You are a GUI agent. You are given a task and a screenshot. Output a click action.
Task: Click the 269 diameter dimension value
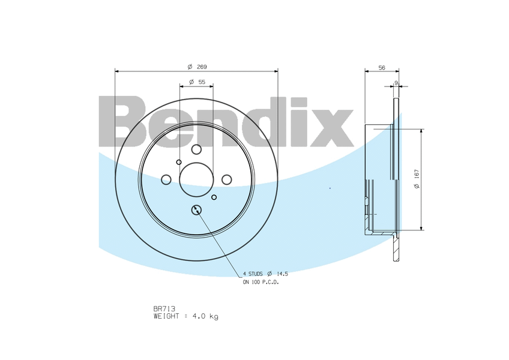tap(202, 67)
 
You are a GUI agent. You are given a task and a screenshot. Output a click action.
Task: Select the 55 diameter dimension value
tap(202, 82)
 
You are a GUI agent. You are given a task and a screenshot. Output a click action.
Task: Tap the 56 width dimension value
tap(382, 68)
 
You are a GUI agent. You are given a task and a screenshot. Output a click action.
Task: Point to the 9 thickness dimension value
tap(396, 83)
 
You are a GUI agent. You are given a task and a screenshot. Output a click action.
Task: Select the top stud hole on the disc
tap(196, 149)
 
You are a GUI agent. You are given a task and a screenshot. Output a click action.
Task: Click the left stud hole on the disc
tap(166, 179)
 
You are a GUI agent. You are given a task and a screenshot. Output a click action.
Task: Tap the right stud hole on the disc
tap(226, 179)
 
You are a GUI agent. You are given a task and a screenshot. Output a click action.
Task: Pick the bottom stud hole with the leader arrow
tap(196, 210)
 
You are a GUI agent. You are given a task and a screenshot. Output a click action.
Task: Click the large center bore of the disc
tap(196, 179)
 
